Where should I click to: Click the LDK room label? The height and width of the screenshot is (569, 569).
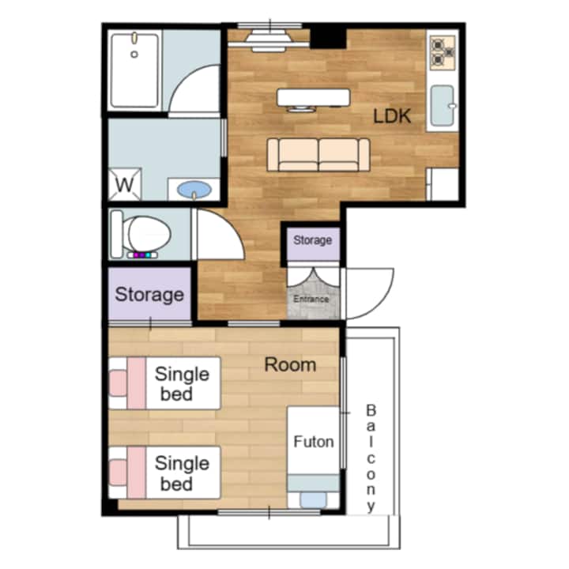(392, 116)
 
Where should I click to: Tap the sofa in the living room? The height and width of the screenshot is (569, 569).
(318, 155)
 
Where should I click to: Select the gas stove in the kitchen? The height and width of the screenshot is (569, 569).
(443, 53)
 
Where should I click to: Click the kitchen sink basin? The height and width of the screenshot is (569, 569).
(443, 105)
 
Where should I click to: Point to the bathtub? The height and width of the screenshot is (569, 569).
(134, 70)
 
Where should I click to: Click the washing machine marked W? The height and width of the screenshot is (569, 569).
(125, 184)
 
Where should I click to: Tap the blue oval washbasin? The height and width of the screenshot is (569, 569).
(194, 190)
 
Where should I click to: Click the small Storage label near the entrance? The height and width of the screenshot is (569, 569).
(312, 240)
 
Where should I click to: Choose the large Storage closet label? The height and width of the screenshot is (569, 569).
(149, 294)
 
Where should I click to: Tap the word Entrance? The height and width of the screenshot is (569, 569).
(311, 299)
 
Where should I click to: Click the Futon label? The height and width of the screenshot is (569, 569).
(314, 442)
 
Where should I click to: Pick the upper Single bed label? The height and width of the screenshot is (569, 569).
(183, 384)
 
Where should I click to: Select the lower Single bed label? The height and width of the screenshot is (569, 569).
(183, 473)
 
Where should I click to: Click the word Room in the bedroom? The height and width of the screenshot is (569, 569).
(290, 364)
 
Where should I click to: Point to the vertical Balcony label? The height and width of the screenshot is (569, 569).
(371, 458)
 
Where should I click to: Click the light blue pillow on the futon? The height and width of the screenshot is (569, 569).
(314, 499)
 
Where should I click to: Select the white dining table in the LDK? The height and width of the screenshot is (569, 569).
(314, 97)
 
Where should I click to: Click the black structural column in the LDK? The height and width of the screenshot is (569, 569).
(329, 36)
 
